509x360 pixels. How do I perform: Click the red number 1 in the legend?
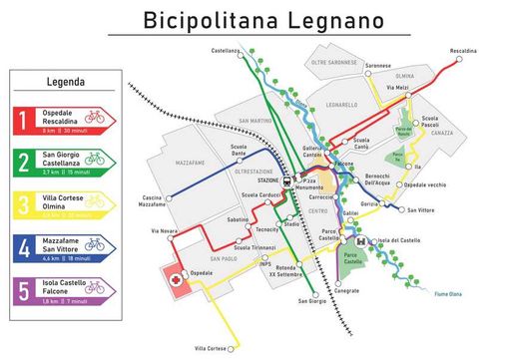coord(21,121)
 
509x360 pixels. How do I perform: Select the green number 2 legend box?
coord(21,162)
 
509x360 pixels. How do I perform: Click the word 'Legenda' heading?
coord(65,82)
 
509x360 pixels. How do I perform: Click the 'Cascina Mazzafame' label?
coord(153,199)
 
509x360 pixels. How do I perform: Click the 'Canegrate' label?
coord(345,292)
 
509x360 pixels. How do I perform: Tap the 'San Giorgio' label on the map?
coord(311,300)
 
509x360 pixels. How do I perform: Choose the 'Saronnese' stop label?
coord(378,65)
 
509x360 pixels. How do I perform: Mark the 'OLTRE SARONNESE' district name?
coord(333,62)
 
